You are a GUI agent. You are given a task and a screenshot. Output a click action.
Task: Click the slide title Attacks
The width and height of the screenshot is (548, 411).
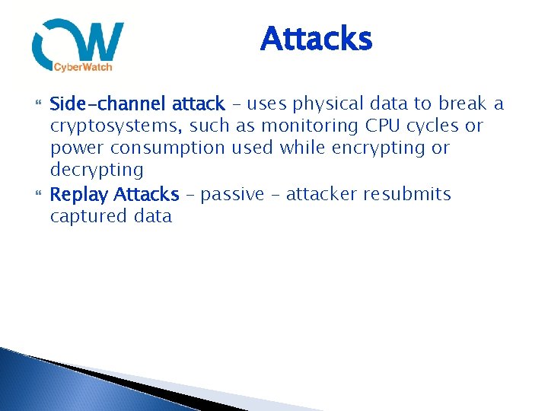coord(316,40)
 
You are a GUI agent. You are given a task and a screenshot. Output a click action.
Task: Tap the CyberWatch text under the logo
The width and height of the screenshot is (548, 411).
coord(83,68)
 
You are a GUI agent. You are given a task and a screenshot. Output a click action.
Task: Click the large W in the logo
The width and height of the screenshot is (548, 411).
coord(99,43)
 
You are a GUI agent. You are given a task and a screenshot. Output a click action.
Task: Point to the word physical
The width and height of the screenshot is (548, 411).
coord(326,104)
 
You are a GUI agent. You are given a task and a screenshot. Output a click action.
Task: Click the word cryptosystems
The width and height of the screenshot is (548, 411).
coord(116,126)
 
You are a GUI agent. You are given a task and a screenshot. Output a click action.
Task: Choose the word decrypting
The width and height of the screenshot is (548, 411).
coord(97,170)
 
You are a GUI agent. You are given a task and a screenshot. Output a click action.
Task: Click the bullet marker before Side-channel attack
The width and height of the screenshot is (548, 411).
coord(39,104)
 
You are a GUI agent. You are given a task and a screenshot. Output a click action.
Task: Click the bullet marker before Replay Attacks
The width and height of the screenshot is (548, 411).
coord(39,195)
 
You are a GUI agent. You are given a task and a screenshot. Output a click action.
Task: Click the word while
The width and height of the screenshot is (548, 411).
coord(302,148)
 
